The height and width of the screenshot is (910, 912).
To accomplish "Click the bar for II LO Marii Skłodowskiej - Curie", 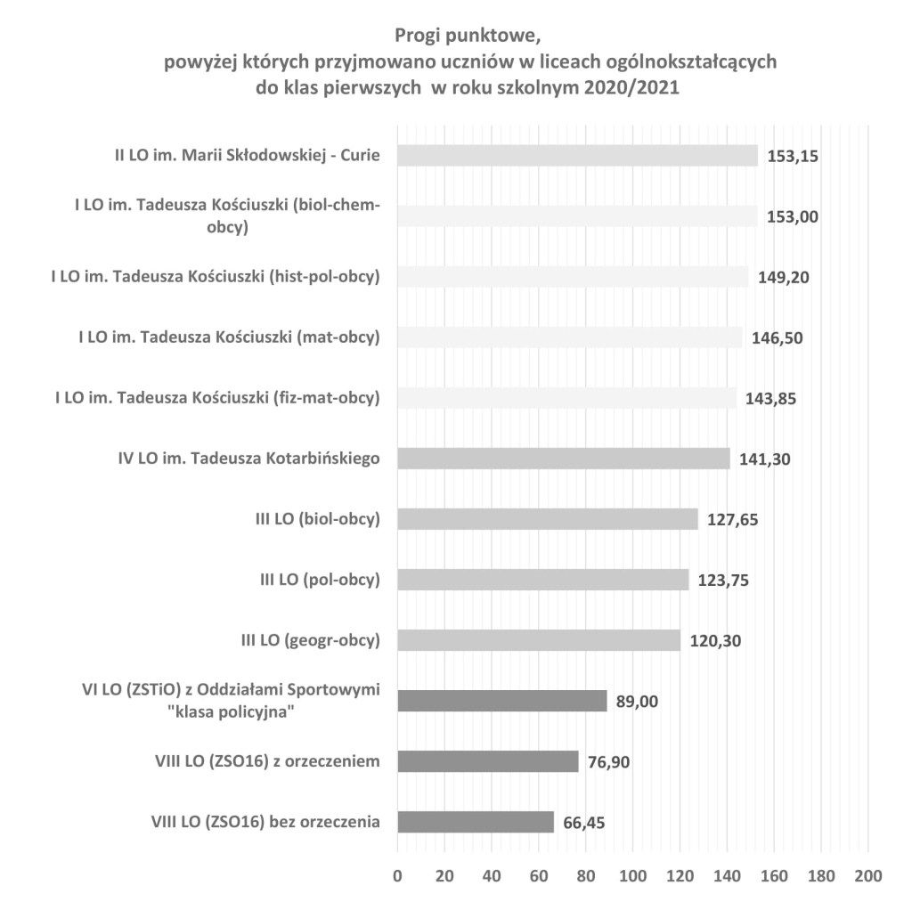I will click(576, 156).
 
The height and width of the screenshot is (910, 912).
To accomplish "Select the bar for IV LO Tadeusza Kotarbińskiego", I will click(563, 459).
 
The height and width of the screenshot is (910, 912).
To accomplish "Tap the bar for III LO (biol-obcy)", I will click(547, 519).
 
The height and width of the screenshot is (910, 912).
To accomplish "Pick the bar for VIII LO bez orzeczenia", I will click(475, 822).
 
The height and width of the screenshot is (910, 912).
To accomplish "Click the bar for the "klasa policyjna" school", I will click(501, 701).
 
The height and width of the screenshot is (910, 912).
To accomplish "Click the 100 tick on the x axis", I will click(632, 874).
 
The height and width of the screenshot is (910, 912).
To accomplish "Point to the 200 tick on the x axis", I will click(868, 874).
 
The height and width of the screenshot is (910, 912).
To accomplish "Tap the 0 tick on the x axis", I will click(397, 874).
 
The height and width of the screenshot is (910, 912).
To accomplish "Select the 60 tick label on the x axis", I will click(538, 874).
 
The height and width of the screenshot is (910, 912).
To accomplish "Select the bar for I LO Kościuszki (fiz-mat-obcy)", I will click(566, 398).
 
